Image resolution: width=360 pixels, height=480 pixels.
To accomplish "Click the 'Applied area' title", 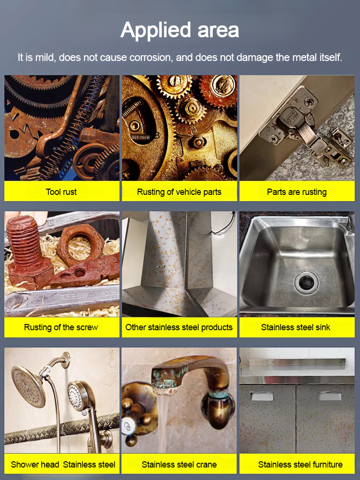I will (x=180, y=30).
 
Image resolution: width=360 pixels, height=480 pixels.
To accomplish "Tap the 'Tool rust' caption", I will (x=61, y=192).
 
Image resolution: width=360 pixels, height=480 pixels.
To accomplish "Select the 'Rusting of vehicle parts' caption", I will (x=179, y=192).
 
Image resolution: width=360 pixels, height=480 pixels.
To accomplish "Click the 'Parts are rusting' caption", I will (x=297, y=192).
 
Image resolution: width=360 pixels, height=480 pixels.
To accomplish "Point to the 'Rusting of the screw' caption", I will (x=61, y=327).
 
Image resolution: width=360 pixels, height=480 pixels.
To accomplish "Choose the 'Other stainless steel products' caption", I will (x=179, y=327).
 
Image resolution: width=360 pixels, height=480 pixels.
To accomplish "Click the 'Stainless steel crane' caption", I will (x=179, y=464).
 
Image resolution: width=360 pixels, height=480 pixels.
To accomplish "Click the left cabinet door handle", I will (x=262, y=396).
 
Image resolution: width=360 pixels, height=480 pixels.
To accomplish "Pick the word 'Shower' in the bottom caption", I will (x=25, y=464).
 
